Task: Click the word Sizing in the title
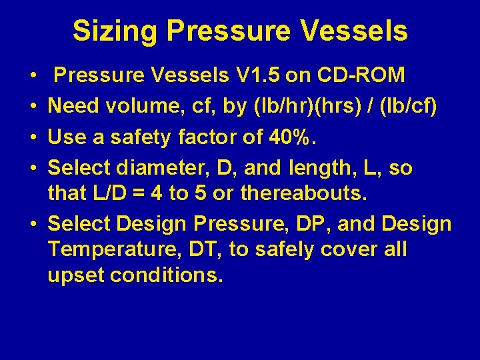point(115,31)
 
